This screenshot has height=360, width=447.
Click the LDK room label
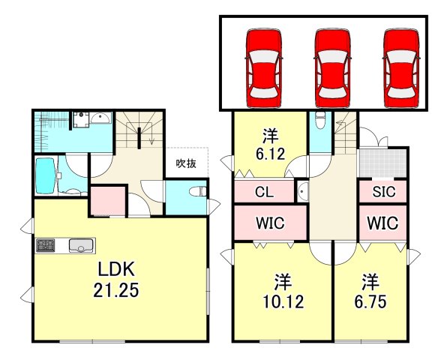click(x=116, y=268)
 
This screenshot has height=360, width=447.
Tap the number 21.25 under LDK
click(x=116, y=290)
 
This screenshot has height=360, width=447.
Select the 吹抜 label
click(x=186, y=163)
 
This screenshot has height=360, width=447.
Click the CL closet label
click(x=264, y=192)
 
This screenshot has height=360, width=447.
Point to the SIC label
click(x=384, y=192)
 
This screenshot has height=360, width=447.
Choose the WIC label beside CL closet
click(x=270, y=223)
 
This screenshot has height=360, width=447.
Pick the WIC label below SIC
click(x=382, y=223)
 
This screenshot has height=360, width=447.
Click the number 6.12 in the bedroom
click(x=271, y=154)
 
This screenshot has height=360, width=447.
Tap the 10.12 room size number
click(x=283, y=302)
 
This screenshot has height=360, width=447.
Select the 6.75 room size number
click(x=370, y=302)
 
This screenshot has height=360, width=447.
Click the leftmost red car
click(x=264, y=68)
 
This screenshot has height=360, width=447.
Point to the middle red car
click(x=332, y=68)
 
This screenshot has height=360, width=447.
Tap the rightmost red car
click(x=401, y=68)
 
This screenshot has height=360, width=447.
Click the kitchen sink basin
click(x=81, y=246)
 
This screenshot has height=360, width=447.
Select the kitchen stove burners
click(x=45, y=245)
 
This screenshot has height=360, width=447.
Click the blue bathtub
click(x=46, y=175)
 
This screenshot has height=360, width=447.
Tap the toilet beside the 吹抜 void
click(x=198, y=191)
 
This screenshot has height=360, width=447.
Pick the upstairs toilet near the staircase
click(x=320, y=119)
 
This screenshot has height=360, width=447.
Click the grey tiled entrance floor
click(x=382, y=163)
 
